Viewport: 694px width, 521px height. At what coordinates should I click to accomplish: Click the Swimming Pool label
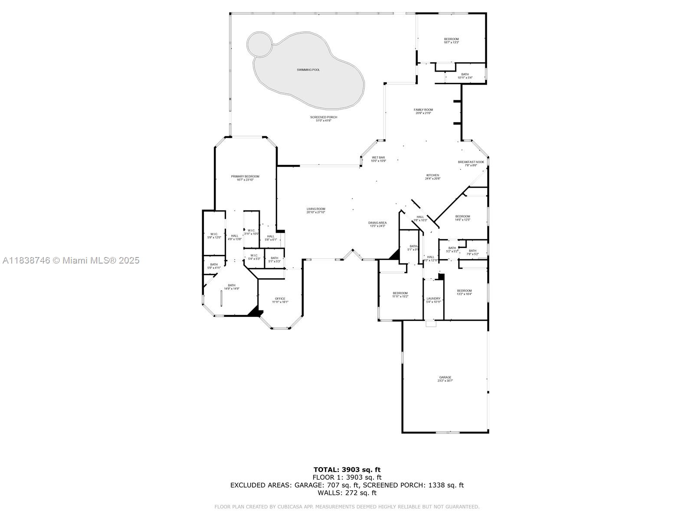[x=308, y=69]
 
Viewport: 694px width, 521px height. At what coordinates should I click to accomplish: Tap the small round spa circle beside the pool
[x=259, y=44]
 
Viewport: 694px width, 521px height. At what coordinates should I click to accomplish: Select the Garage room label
[x=445, y=378]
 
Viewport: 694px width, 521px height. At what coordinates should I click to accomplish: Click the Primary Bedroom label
[x=245, y=177]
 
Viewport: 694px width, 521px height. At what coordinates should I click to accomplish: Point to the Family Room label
[x=423, y=110]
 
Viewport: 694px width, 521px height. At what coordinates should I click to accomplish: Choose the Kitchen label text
[x=432, y=175]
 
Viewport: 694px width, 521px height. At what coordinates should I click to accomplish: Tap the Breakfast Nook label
[x=471, y=162]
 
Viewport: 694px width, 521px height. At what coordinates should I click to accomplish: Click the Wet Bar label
[x=378, y=158]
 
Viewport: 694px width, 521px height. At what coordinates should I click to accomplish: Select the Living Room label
[x=315, y=209]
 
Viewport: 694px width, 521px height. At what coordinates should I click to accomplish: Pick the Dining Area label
[x=377, y=223]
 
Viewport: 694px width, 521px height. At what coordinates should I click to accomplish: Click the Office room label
[x=280, y=299]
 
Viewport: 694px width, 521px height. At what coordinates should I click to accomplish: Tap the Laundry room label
[x=433, y=299]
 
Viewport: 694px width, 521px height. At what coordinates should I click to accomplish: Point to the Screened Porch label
[x=323, y=117]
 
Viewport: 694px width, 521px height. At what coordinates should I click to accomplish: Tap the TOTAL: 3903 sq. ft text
[x=347, y=469]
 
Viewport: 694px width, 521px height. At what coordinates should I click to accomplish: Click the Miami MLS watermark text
[x=71, y=260]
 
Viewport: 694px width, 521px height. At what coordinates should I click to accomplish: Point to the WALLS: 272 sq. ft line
[x=347, y=493]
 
